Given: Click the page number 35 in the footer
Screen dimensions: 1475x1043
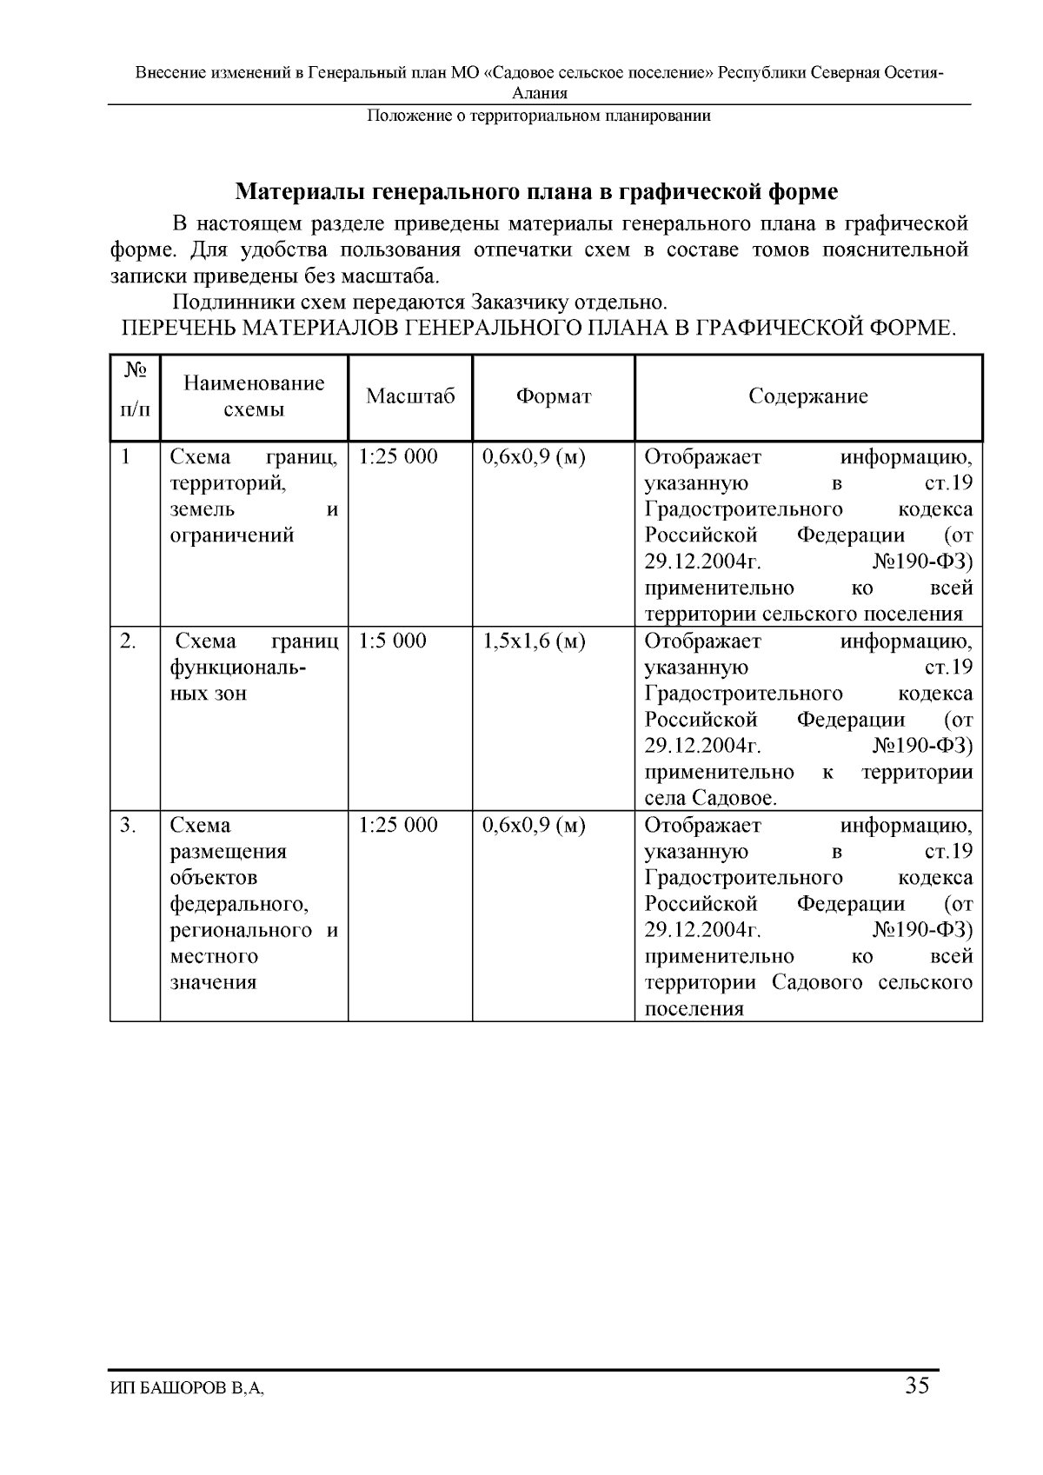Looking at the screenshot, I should pos(917,1385).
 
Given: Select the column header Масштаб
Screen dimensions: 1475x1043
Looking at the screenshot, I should pos(410,397).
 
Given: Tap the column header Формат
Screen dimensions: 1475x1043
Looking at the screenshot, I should pos(553,397).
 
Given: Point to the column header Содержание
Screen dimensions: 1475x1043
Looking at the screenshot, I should pos(808,397).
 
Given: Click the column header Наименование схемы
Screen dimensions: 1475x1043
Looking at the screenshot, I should pos(254,396).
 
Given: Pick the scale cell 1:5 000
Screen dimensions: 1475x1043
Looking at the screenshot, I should pos(392,641).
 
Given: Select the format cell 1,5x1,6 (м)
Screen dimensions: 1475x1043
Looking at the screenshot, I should pos(534,641).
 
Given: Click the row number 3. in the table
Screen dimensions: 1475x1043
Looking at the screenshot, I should pos(128,825).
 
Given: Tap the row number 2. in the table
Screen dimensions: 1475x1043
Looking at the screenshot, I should pos(128,641).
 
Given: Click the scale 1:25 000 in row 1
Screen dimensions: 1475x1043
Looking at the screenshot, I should pos(398,457).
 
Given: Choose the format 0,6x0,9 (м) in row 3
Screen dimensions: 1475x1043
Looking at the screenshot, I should pos(534,825).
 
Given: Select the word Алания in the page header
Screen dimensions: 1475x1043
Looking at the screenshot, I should pos(540,94).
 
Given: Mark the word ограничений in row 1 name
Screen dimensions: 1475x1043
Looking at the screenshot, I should pos(231,536).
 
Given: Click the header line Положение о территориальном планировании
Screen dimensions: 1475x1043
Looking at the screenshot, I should pos(538,116).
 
